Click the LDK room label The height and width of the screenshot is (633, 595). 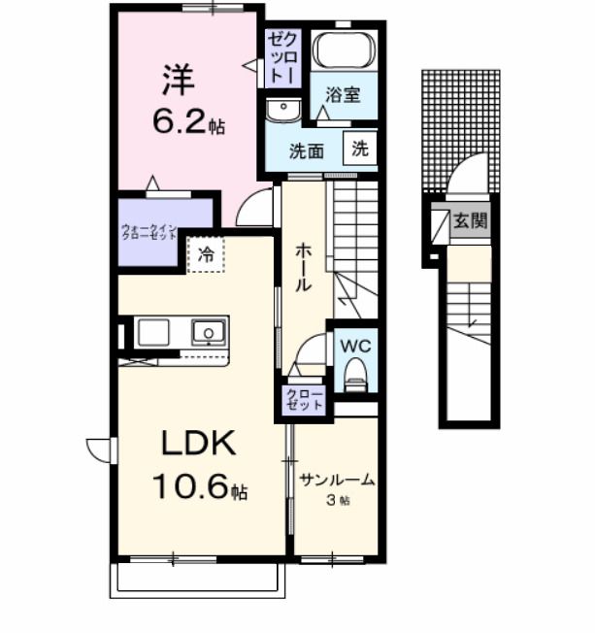tap(198, 446)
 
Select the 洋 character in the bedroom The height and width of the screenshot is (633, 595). tap(176, 78)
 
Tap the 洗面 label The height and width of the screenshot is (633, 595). tap(308, 150)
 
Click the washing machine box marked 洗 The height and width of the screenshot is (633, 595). tap(360, 150)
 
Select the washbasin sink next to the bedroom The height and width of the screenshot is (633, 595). tap(283, 110)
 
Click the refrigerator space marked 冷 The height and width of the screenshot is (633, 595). tap(206, 255)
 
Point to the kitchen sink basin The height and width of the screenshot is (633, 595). tap(209, 334)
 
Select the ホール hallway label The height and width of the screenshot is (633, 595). tap(302, 266)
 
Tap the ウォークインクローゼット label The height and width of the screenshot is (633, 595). tap(149, 232)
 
